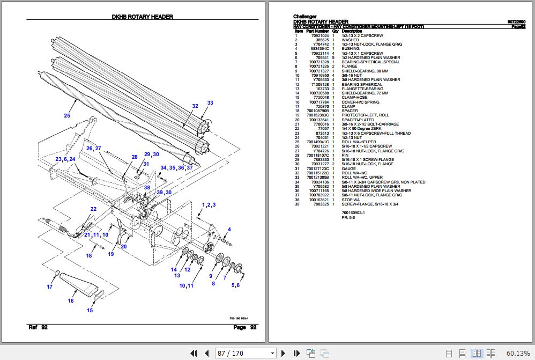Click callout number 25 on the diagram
(67, 115)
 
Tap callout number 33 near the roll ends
(210, 102)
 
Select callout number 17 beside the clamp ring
(50, 287)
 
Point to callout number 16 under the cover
(70, 301)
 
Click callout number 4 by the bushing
(229, 230)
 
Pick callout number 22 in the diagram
(93, 209)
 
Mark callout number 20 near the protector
(123, 247)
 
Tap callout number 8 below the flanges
(213, 283)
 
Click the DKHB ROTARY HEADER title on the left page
(143, 17)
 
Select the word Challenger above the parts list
(304, 17)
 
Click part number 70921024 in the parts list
(320, 35)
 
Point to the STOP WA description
(351, 200)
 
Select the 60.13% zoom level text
(518, 353)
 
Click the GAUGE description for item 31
(348, 168)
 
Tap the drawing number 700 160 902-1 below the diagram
(238, 318)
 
